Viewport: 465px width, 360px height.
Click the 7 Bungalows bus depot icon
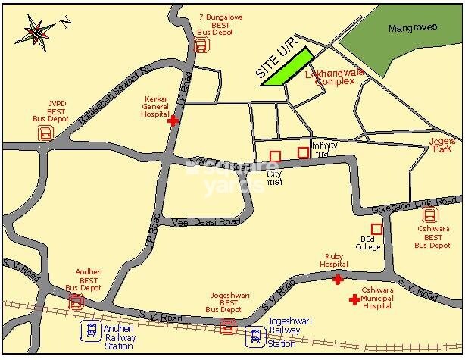click(201, 45)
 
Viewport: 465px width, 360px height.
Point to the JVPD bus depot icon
click(46, 134)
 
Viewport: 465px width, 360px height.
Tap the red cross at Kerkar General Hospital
click(173, 120)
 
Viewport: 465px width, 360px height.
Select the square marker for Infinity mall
click(303, 152)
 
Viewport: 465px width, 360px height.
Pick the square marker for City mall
click(276, 157)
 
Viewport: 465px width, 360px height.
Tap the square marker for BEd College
click(376, 228)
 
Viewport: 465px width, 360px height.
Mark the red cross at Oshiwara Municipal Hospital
click(354, 300)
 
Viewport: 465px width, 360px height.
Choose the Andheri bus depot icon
click(76, 302)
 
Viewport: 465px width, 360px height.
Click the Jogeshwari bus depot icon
click(227, 326)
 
